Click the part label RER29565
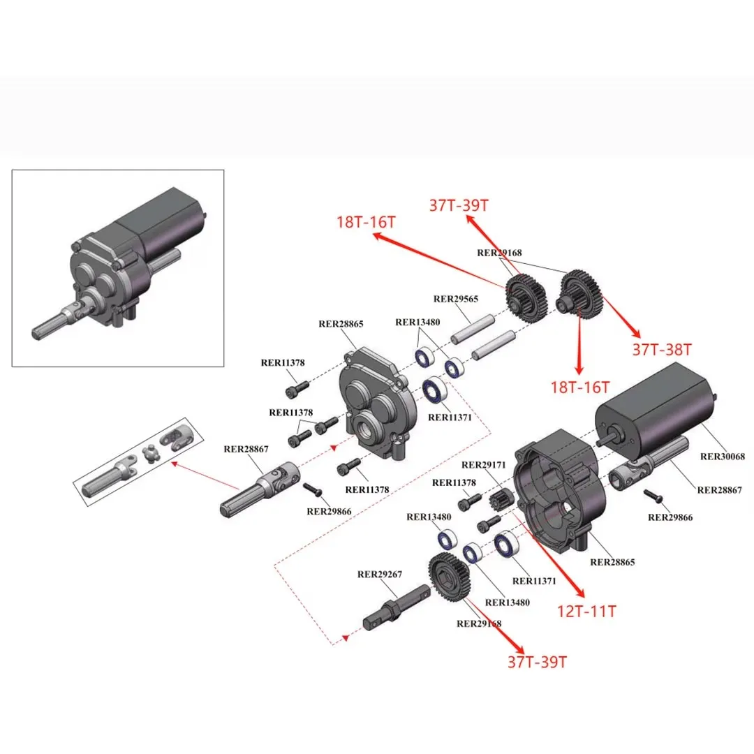coord(456,299)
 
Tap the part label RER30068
coord(723,457)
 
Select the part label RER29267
coord(379,575)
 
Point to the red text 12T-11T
coord(587,612)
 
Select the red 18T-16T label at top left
coord(365,223)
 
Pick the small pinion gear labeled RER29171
coord(504,502)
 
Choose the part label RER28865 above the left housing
coord(341,324)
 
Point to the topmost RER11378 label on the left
coord(282,362)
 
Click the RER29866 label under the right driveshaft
coord(670,517)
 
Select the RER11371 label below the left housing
coord(450,417)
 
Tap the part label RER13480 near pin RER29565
coord(417,323)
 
